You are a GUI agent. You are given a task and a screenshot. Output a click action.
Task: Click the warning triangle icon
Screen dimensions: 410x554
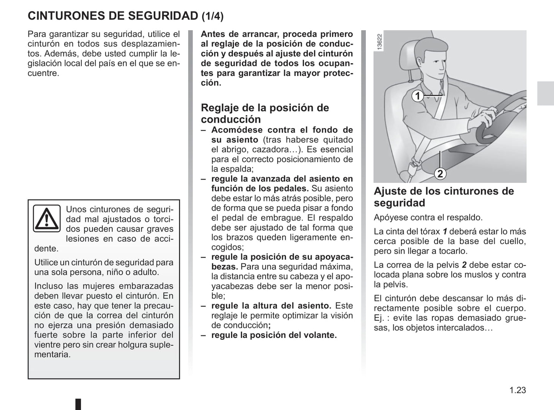coord(46,218)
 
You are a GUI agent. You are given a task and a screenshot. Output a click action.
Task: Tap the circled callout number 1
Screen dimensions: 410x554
coord(418,96)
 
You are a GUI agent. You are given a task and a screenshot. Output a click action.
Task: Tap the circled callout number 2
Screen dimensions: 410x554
coord(440,174)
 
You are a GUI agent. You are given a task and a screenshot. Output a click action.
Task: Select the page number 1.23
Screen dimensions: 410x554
coord(518,390)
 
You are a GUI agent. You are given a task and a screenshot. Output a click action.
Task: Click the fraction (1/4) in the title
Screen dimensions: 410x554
coord(212,16)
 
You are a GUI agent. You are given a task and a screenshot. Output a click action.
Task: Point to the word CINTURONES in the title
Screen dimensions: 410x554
coord(61,16)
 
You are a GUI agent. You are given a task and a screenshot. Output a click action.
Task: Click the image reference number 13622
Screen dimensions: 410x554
coord(380,42)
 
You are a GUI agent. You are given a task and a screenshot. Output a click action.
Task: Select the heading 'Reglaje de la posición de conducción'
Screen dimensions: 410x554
coord(265,113)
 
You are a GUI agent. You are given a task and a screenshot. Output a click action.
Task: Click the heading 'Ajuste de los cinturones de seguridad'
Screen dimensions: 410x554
coord(444,197)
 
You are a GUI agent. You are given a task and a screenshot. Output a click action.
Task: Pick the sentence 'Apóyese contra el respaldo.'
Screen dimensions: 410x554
coord(428,218)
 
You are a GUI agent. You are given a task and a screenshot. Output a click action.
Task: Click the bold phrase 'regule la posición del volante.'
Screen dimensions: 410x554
coord(274,335)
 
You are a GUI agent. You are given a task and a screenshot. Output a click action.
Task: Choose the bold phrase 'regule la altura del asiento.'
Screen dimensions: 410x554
coord(271,306)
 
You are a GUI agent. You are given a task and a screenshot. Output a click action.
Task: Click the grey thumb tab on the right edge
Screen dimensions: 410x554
coord(545,93)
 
